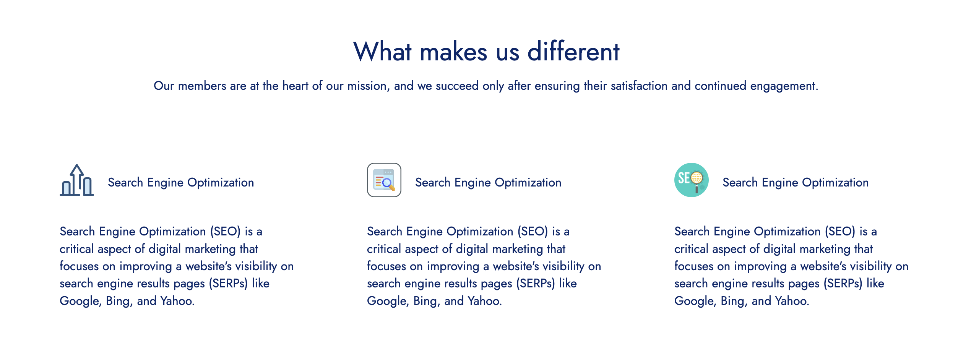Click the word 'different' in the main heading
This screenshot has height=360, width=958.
click(x=573, y=51)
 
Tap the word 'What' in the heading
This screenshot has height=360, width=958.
click(x=383, y=51)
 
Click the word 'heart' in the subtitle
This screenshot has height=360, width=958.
click(x=295, y=86)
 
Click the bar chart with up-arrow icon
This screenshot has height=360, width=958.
click(x=77, y=180)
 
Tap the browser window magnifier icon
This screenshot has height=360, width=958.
click(x=384, y=180)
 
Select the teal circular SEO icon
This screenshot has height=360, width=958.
click(x=692, y=180)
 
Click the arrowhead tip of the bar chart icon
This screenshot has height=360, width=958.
click(x=77, y=165)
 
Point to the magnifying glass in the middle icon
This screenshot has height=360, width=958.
click(x=388, y=184)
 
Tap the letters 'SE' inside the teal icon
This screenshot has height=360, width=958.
click(x=684, y=178)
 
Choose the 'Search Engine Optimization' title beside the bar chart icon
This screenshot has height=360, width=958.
click(x=181, y=183)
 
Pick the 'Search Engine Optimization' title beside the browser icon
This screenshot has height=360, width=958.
click(x=488, y=183)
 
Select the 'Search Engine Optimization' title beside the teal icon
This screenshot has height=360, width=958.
click(x=796, y=183)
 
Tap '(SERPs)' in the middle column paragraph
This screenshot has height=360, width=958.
click(x=536, y=284)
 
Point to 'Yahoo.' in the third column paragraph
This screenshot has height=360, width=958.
click(x=792, y=301)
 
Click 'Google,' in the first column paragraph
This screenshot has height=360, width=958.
click(x=81, y=301)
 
